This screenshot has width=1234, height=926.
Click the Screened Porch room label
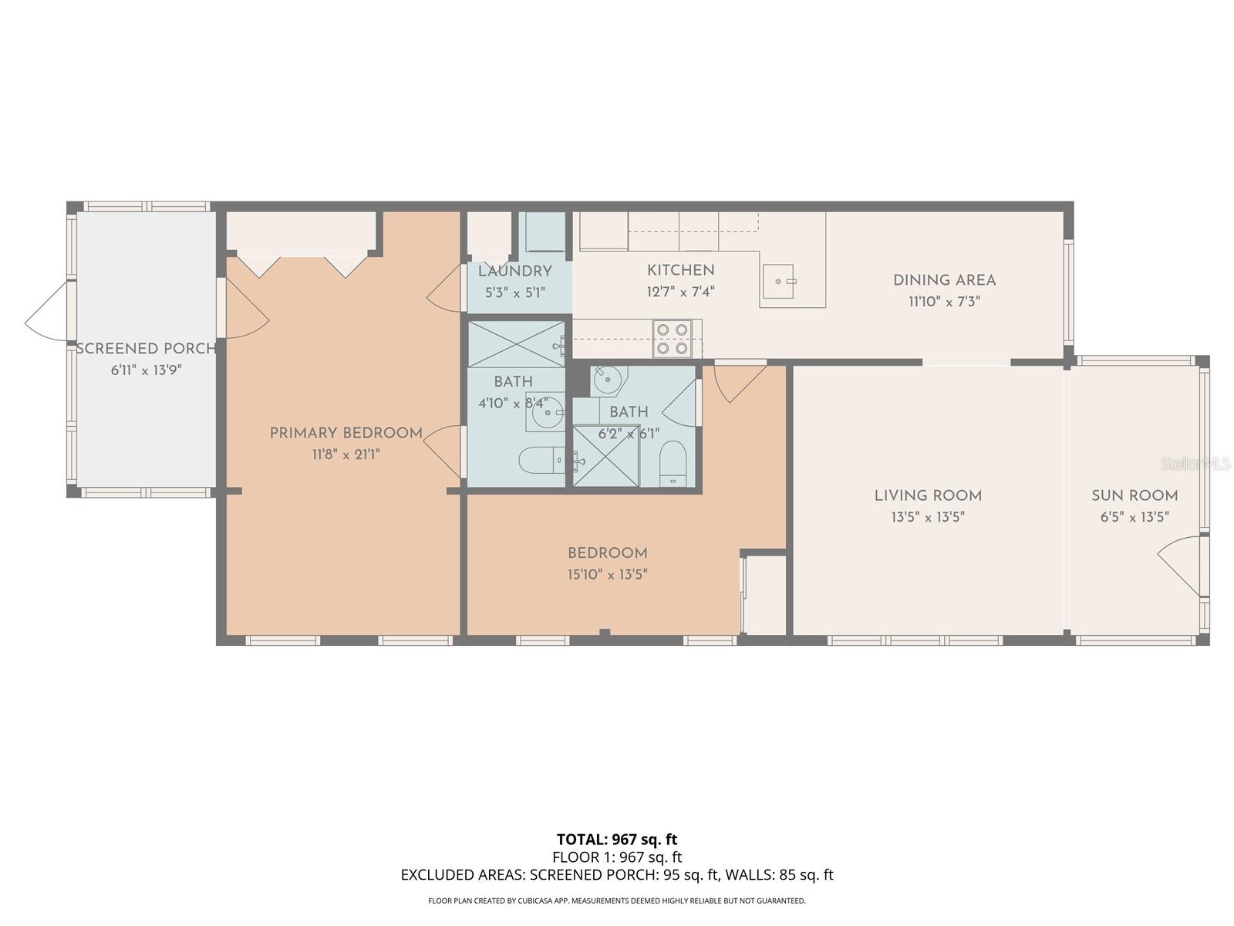(x=146, y=349)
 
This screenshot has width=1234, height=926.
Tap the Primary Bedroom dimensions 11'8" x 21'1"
(x=346, y=455)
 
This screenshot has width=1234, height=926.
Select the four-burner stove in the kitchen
(x=671, y=339)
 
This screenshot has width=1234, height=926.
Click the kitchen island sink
(x=779, y=281)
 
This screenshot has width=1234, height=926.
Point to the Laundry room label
(x=514, y=272)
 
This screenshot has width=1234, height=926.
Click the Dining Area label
(x=944, y=280)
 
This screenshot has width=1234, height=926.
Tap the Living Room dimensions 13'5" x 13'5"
(x=928, y=517)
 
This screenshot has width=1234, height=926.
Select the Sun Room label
(x=1134, y=495)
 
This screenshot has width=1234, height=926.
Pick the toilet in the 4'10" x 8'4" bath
(x=540, y=461)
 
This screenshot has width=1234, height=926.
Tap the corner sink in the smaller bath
(x=608, y=380)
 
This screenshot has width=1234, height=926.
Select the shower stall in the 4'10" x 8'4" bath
(x=516, y=344)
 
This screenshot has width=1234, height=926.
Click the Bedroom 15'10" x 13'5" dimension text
(x=607, y=574)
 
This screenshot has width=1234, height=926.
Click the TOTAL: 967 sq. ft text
(x=617, y=839)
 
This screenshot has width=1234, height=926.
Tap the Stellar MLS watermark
(x=1195, y=463)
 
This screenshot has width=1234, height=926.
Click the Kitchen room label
(x=680, y=270)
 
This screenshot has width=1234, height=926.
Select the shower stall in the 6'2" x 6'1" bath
(x=606, y=457)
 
